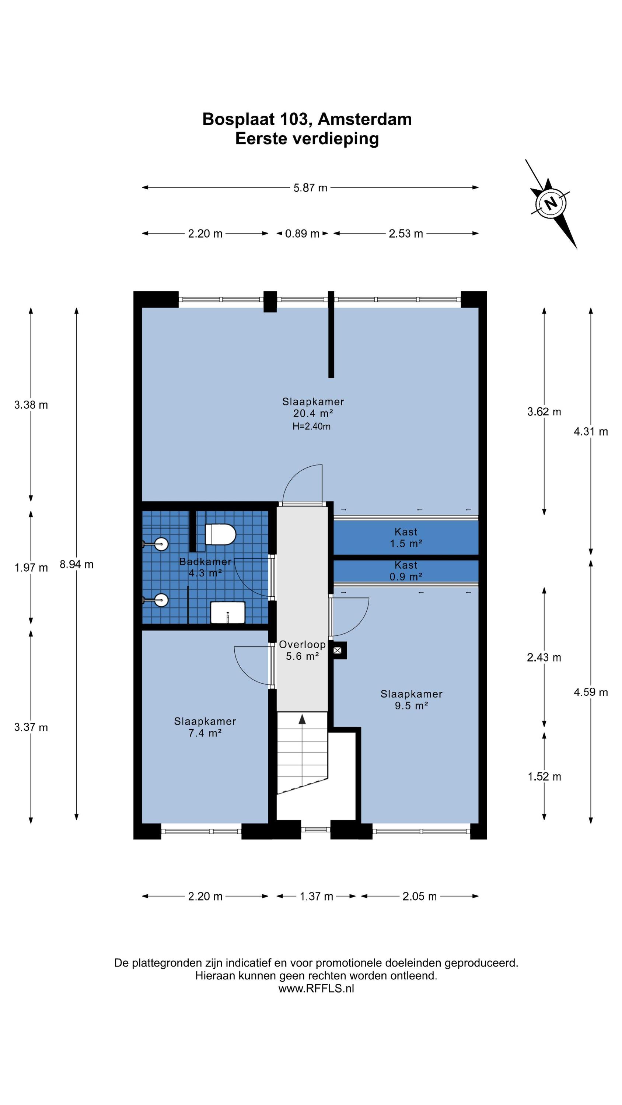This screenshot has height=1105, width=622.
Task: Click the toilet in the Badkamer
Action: [220, 534]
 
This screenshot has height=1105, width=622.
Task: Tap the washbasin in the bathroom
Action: [227, 613]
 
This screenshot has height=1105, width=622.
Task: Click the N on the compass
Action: [551, 203]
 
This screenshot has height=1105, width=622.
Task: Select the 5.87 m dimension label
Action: [310, 188]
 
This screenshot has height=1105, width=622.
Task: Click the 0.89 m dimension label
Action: [302, 234]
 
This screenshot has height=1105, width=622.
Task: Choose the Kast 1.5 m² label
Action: [406, 537]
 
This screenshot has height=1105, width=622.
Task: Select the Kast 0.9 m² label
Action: [406, 571]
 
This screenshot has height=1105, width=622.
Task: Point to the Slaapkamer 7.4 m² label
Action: [205, 727]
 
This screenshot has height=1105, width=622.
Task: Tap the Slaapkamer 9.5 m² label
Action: [411, 699]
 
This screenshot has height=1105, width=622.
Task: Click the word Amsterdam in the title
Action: [365, 119]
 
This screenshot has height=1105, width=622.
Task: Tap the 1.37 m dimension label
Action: [317, 896]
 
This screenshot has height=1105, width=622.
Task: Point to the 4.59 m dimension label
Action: [591, 692]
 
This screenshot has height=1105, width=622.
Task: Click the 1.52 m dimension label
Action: [544, 776]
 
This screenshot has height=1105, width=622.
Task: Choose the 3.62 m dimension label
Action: [544, 412]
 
